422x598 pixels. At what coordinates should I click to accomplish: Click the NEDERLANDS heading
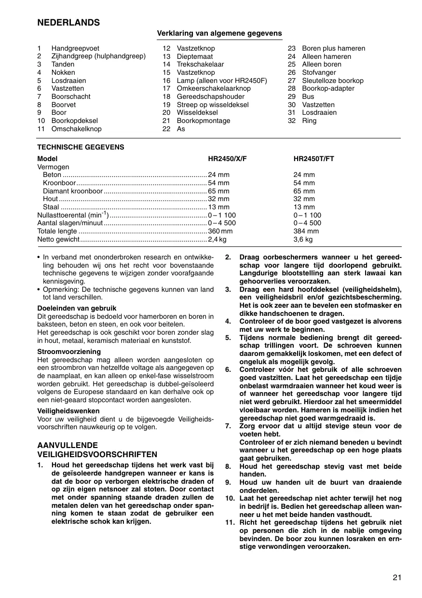[x=68, y=23]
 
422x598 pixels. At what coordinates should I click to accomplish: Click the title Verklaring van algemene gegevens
[x=219, y=33]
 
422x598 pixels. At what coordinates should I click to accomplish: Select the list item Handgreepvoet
[x=75, y=48]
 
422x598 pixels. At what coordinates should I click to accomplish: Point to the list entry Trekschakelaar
[x=200, y=65]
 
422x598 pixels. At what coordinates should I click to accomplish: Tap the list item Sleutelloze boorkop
[x=333, y=81]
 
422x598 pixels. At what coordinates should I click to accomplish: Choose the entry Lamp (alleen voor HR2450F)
[x=222, y=81]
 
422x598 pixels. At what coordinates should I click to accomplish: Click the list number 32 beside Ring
[x=291, y=121]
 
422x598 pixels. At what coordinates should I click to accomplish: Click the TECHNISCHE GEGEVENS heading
[x=81, y=147]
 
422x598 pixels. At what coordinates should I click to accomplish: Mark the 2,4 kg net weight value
[x=217, y=239]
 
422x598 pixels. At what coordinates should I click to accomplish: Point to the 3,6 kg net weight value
[x=303, y=239]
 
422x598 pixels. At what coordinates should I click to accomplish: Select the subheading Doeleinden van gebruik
[x=77, y=308]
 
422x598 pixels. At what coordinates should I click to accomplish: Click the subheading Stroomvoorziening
[x=69, y=352]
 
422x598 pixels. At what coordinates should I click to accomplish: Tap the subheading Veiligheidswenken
[x=68, y=411]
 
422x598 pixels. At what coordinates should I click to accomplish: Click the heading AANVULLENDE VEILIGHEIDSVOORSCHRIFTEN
[x=97, y=449]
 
